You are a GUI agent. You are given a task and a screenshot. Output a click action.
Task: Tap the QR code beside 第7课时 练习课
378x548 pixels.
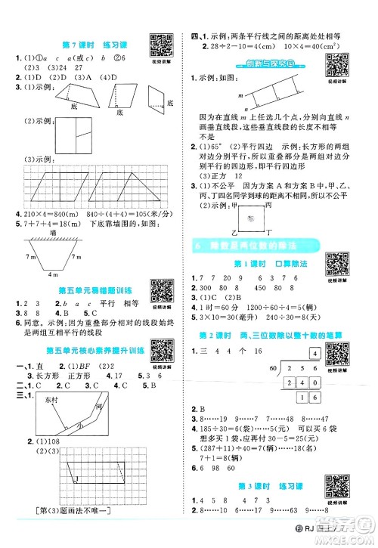click(158, 42)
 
